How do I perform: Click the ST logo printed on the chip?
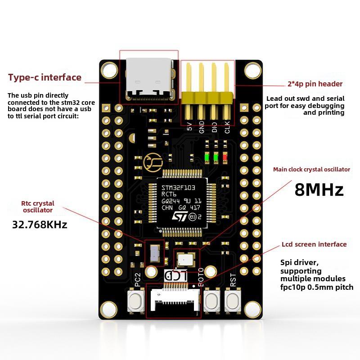[179, 216]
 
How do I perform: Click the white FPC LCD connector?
[173, 301]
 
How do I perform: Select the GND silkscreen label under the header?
[202, 126]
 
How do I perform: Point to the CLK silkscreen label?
[227, 126]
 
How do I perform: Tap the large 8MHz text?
[319, 189]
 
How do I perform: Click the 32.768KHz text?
[40, 225]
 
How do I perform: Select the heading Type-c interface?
[45, 77]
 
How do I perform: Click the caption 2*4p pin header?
[315, 84]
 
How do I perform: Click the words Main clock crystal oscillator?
[311, 170]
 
